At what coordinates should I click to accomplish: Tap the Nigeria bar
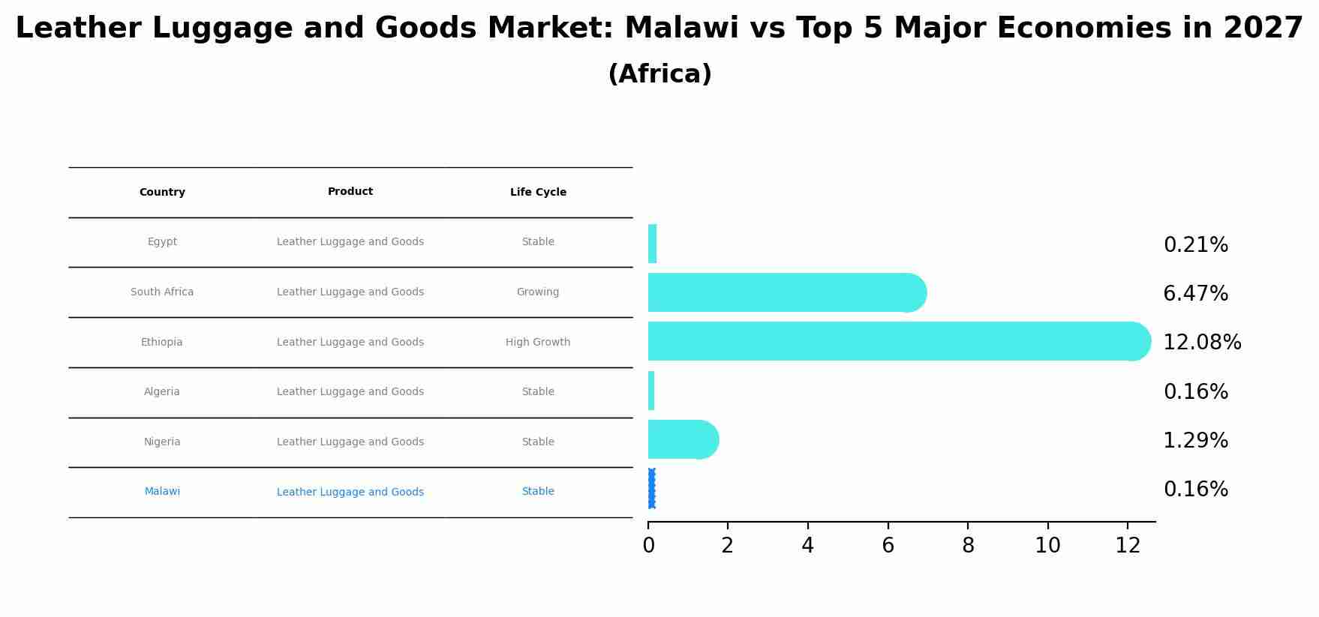[x=679, y=439]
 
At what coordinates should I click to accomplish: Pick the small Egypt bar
[x=652, y=244]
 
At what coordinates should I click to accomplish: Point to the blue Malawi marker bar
[x=651, y=489]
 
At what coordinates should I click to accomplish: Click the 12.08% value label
[x=1202, y=343]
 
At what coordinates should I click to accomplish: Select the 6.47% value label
[x=1195, y=294]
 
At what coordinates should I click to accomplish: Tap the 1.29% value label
[x=1195, y=441]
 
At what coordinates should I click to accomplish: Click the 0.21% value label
[x=1195, y=245]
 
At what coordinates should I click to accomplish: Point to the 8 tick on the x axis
[x=968, y=546]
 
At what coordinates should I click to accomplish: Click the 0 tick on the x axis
[x=648, y=546]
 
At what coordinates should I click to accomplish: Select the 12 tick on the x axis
[x=1128, y=546]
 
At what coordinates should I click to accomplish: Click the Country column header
[x=162, y=193]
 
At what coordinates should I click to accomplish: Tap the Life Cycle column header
[x=538, y=193]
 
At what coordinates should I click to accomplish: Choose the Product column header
[x=350, y=192]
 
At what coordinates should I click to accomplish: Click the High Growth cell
[x=538, y=343]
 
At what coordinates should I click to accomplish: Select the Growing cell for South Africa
[x=538, y=292]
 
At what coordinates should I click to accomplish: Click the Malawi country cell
[x=162, y=492]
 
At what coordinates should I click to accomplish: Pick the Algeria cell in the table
[x=162, y=392]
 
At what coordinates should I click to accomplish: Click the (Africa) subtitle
[x=659, y=75]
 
